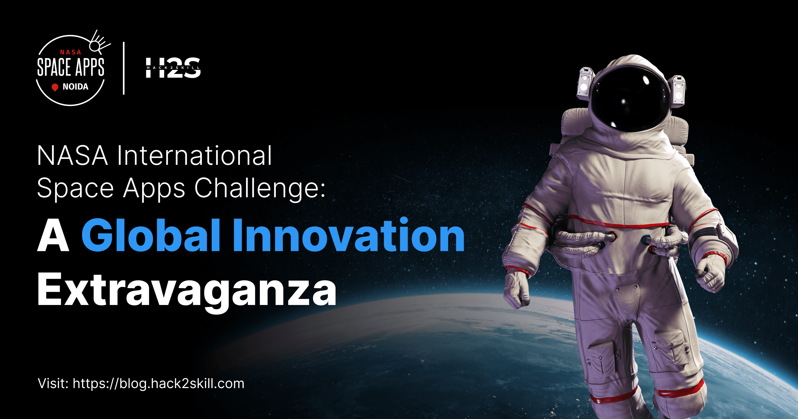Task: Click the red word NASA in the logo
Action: tap(71, 52)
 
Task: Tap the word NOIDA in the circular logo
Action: tap(75, 87)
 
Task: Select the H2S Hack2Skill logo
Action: tap(173, 68)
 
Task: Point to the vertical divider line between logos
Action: tap(124, 68)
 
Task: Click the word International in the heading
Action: tap(194, 156)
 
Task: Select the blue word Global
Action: tap(151, 235)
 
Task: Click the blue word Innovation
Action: tap(349, 235)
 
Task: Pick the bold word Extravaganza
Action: tap(187, 290)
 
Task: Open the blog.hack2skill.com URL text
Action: tap(158, 384)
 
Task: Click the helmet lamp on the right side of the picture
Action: tap(678, 91)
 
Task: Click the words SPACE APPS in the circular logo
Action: tap(71, 67)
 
